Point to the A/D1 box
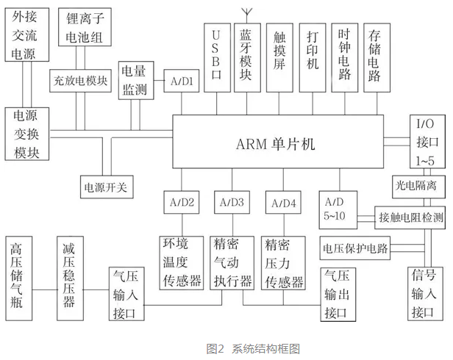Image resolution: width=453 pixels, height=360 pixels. point(182,82)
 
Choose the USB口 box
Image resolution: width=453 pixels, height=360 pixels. point(215,57)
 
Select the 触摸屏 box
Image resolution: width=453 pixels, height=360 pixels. point(279,57)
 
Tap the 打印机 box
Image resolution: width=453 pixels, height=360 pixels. point(312,57)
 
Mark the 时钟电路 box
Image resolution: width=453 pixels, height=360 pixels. point(344,57)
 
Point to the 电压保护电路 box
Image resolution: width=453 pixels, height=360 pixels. point(354,248)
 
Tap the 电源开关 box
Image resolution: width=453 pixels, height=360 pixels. point(106,187)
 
